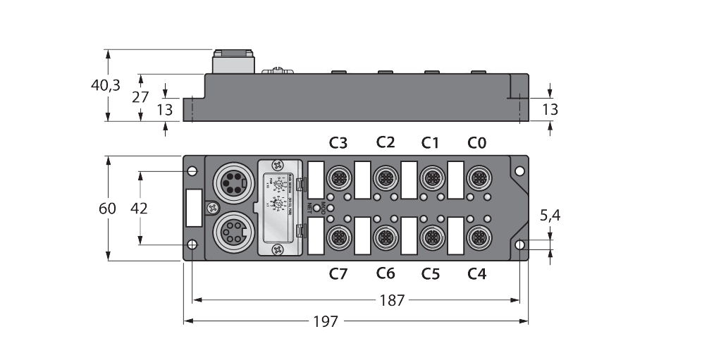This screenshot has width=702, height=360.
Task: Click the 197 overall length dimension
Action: (x=326, y=321)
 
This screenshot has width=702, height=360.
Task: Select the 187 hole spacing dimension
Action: (x=391, y=300)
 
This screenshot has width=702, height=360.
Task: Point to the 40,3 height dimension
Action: (x=106, y=85)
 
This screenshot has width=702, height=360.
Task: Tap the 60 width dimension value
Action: (x=108, y=209)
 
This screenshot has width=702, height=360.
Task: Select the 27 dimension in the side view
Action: (x=142, y=97)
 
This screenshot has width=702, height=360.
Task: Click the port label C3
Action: (x=338, y=143)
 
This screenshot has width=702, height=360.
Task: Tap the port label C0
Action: (x=477, y=143)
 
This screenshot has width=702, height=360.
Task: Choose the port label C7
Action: (x=338, y=273)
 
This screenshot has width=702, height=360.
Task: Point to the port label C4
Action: (x=477, y=273)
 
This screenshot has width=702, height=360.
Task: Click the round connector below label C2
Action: (x=385, y=176)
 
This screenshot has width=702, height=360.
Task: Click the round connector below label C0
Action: (x=477, y=176)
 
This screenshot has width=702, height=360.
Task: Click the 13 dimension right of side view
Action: (x=550, y=109)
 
